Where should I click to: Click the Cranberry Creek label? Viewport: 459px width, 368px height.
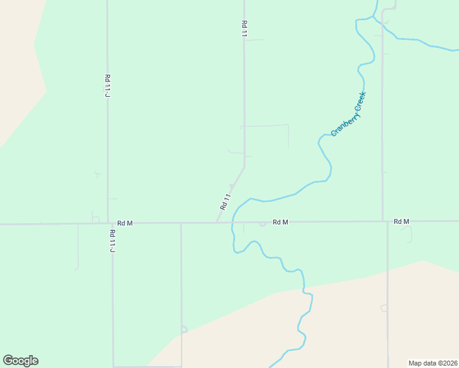349,114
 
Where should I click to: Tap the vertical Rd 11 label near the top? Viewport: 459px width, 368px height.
244,29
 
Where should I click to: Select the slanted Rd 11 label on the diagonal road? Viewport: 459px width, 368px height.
225,202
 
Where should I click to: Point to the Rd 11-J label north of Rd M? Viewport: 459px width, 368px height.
107,84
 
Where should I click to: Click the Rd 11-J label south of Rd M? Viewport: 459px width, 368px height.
112,240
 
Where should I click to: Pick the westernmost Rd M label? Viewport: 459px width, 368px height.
125,223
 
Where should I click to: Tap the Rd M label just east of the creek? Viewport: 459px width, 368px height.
280,222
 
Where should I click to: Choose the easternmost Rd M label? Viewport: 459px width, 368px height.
401,221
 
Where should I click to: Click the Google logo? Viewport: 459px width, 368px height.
20,361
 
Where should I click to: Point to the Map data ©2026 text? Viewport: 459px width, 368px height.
432,362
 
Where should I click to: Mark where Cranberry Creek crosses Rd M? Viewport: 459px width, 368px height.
233,223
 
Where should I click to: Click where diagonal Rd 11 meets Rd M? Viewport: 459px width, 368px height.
217,223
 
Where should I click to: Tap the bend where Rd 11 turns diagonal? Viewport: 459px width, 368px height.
244,167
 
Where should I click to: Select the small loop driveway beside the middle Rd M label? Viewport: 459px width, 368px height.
263,224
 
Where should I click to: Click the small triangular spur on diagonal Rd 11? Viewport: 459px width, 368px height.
231,186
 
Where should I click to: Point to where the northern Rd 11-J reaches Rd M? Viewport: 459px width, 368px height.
108,223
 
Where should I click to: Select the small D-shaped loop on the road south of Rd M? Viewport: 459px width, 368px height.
183,329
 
